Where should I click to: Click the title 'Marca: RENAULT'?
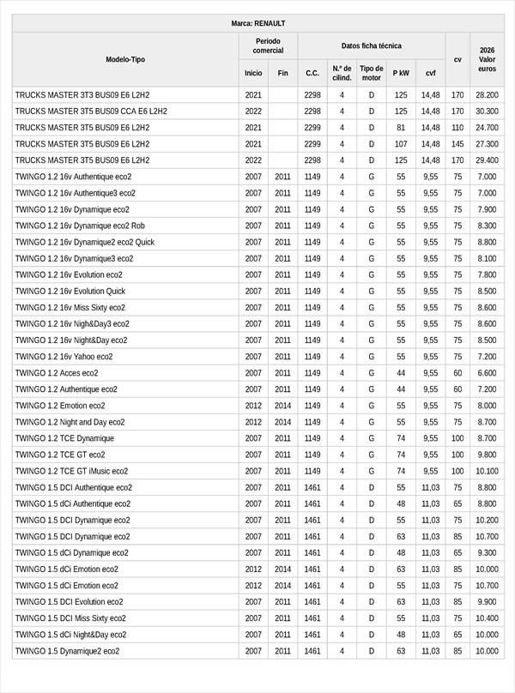(257, 23)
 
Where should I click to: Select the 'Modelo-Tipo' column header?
(125, 59)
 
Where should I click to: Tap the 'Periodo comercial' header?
(268, 45)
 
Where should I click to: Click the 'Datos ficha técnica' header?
(371, 45)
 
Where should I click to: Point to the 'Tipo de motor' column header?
(372, 73)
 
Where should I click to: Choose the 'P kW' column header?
(401, 74)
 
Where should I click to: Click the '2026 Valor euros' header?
(487, 59)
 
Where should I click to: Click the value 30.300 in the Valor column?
(487, 111)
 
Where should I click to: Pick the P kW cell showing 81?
(401, 128)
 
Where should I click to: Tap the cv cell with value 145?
(457, 144)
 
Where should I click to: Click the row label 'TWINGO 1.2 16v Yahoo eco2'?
(64, 357)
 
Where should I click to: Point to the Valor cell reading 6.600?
(487, 373)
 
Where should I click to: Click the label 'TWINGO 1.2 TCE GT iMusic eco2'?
(71, 471)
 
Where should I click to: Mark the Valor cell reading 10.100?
(487, 471)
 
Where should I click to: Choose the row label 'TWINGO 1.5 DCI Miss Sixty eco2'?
(70, 618)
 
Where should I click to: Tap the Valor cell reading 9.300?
(487, 553)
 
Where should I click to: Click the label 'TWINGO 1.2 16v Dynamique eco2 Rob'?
(80, 226)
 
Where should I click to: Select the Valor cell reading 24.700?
(487, 128)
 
